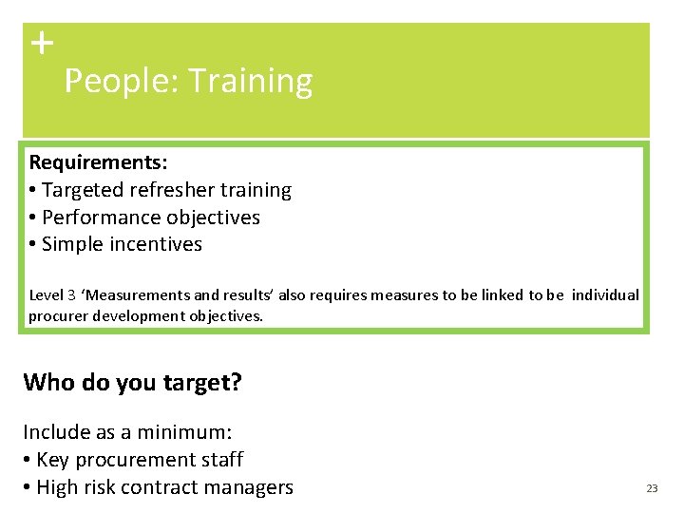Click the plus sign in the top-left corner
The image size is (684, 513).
coord(42,43)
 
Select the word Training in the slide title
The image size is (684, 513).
coord(250,82)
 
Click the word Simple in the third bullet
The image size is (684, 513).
coord(72,244)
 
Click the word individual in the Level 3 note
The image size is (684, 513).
coord(605,294)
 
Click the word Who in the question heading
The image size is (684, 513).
coord(48,383)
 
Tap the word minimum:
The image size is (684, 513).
coord(178,432)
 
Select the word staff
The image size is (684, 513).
coord(221,460)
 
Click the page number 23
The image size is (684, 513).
coord(652,488)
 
